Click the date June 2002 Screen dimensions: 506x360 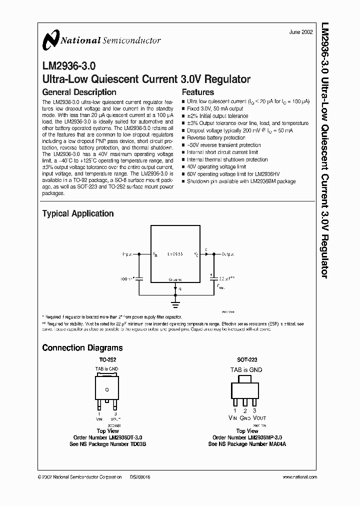301,32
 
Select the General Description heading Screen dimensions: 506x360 79,92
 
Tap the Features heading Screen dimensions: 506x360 197,92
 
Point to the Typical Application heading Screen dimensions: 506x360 77,213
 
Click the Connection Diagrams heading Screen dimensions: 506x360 82,347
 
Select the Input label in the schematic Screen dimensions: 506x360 128,254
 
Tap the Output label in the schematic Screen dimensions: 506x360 228,254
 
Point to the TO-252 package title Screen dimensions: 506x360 106,359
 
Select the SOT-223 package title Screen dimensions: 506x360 247,359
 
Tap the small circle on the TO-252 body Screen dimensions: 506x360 106,388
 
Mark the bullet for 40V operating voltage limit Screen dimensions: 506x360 183,166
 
